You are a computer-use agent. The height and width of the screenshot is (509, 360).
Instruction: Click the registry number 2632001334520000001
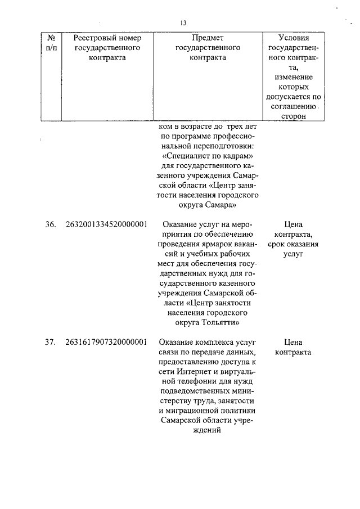107,224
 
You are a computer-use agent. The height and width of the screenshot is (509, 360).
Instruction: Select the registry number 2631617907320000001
107,342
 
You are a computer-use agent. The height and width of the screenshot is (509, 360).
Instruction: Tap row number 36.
51,224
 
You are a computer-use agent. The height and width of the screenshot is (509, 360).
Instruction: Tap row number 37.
51,342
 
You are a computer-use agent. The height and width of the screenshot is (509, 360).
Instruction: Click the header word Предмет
208,38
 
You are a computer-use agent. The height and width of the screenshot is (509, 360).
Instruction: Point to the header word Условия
294,38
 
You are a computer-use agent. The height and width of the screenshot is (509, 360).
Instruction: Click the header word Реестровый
107,38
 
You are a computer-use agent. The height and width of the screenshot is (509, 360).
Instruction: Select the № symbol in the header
51,38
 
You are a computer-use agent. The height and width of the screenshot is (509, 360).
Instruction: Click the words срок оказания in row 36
294,244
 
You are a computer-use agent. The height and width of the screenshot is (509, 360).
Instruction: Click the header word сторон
294,116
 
